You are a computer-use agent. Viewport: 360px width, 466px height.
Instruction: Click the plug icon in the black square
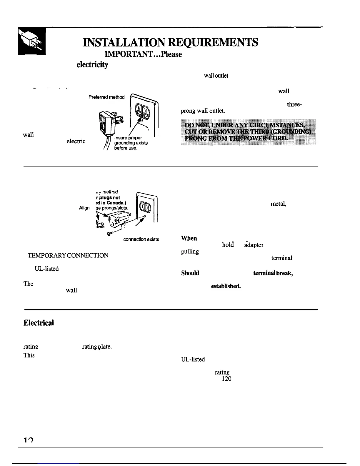[x=32, y=41]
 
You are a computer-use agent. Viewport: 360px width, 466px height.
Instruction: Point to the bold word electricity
[x=92, y=65]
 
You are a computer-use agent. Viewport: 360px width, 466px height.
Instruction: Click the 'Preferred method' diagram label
[x=106, y=97]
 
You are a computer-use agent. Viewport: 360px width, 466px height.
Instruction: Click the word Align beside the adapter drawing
[x=84, y=208]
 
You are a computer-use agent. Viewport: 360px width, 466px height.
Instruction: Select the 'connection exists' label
[x=141, y=239]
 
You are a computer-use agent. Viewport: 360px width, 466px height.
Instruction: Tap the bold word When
[x=189, y=238]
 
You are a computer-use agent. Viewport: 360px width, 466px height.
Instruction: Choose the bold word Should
[x=190, y=273]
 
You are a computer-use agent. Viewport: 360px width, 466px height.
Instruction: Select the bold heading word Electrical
[x=39, y=323]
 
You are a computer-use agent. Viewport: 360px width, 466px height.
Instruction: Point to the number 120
[x=226, y=379]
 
